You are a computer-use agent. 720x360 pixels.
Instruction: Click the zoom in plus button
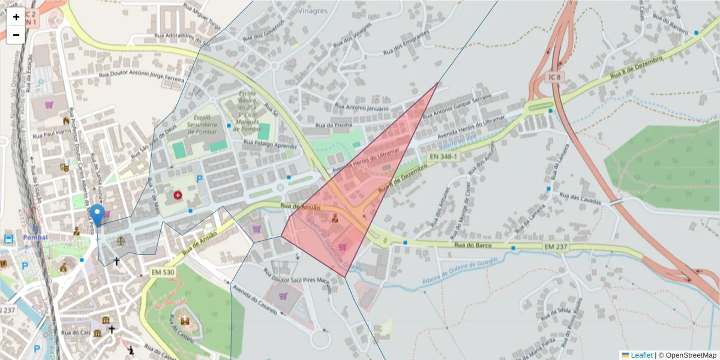16,17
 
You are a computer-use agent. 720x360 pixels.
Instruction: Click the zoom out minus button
16,35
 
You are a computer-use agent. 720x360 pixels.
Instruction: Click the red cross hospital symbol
178,195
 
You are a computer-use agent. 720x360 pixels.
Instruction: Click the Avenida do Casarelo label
254,301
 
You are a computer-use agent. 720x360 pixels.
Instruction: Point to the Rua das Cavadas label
580,199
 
